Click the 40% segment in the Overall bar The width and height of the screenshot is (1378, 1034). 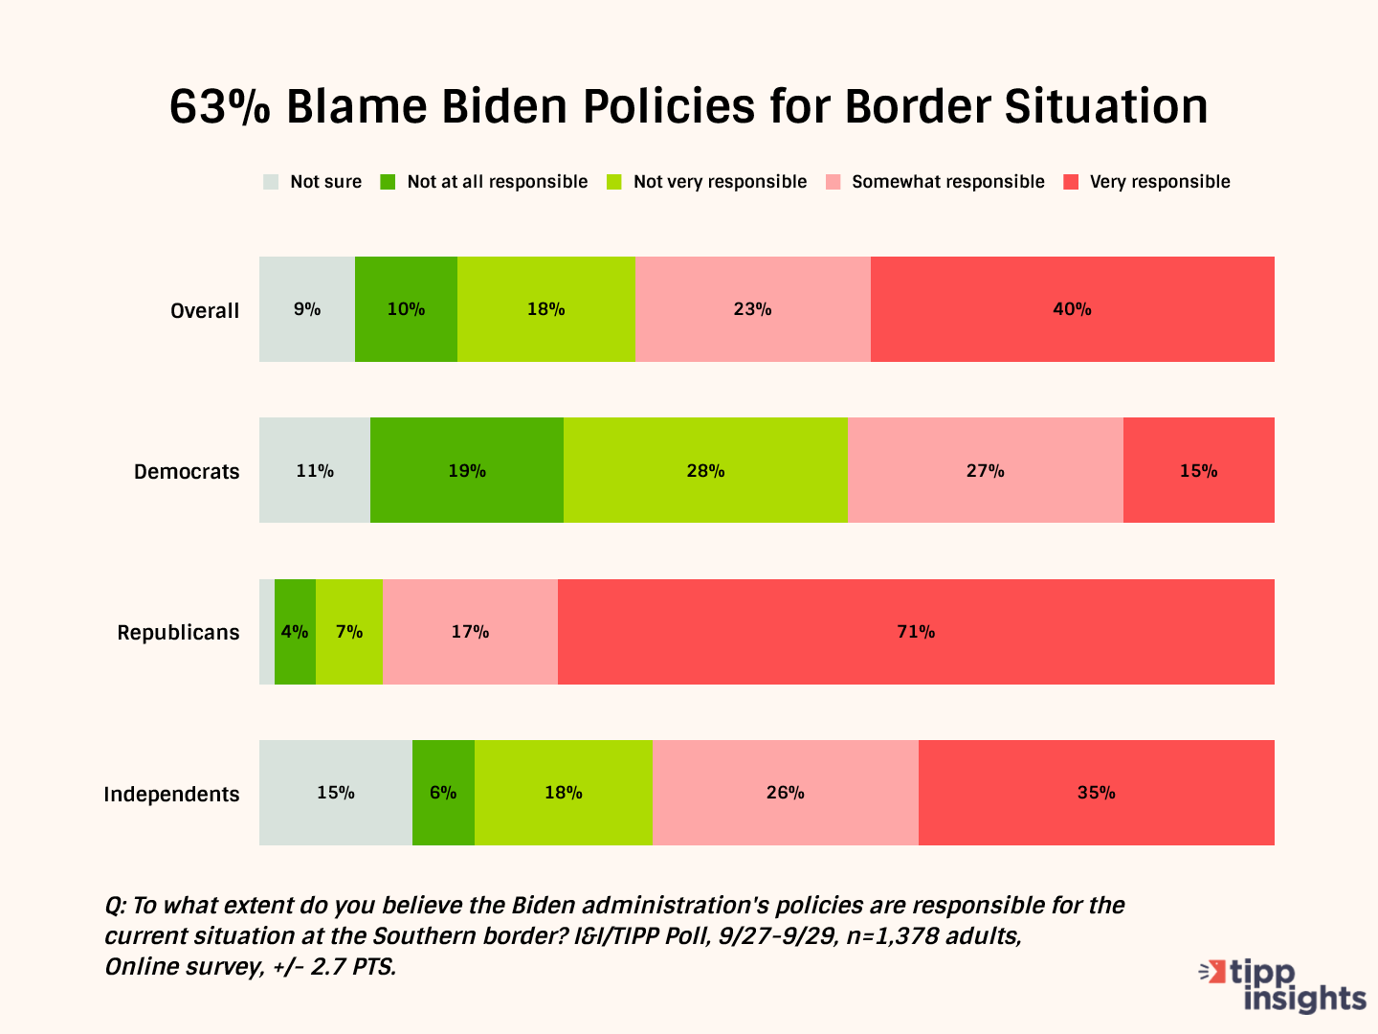1072,309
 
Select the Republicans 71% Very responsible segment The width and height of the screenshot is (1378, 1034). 916,632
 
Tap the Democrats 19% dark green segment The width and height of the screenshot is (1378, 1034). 467,470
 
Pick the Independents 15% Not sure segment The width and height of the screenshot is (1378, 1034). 336,793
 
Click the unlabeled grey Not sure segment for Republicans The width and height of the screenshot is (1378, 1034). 267,632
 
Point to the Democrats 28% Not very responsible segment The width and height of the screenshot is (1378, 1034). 705,470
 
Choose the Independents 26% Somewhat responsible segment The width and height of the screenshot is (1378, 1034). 785,793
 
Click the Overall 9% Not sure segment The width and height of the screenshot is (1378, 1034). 307,309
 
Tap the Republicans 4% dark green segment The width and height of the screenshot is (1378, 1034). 295,632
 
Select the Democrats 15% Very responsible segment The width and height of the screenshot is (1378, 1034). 1198,470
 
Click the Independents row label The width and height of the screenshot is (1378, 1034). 171,794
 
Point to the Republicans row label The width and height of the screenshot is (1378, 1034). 178,633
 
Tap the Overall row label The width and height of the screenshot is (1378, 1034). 205,310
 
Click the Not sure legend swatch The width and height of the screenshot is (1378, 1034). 272,182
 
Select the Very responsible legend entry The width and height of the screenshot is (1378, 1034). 1148,182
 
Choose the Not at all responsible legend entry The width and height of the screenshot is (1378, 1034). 485,182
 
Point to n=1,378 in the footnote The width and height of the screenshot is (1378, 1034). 892,936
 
